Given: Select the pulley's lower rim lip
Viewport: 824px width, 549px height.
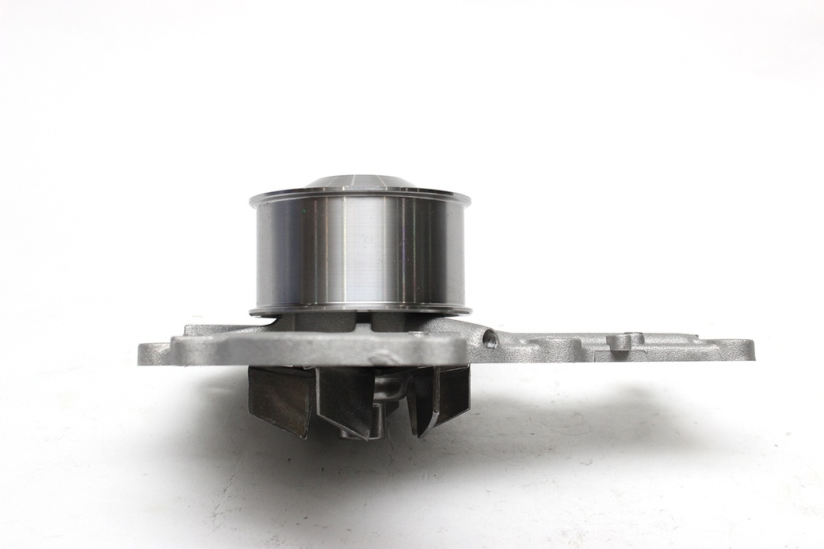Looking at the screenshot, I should [x=359, y=309].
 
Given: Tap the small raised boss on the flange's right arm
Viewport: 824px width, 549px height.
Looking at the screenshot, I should [x=620, y=341].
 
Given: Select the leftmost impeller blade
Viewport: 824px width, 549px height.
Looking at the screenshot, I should [x=278, y=399].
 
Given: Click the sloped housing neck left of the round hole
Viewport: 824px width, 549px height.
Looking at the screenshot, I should [x=455, y=327].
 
